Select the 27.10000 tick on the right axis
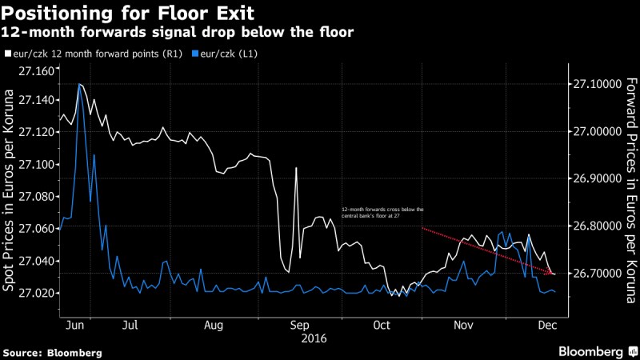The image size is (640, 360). coord(596,84)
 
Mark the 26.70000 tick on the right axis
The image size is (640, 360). coord(596,274)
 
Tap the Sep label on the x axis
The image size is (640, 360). coord(298,326)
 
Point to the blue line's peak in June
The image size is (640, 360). coord(79,84)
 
